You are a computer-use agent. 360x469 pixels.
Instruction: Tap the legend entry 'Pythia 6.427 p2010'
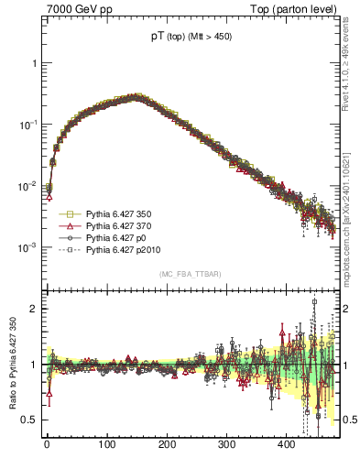[x=124, y=248]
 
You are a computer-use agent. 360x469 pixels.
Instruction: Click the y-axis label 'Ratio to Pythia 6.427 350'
[x=12, y=365]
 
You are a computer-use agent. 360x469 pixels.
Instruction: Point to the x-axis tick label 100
[x=106, y=445]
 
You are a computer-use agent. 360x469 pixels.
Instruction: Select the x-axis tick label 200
[x=167, y=445]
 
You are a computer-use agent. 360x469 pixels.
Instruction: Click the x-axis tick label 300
[x=226, y=445]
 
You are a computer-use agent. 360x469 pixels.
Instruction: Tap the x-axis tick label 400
[x=286, y=445]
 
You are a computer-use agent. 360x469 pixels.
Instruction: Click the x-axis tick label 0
[x=47, y=445]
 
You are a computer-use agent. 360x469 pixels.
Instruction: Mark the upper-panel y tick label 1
[x=35, y=63]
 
